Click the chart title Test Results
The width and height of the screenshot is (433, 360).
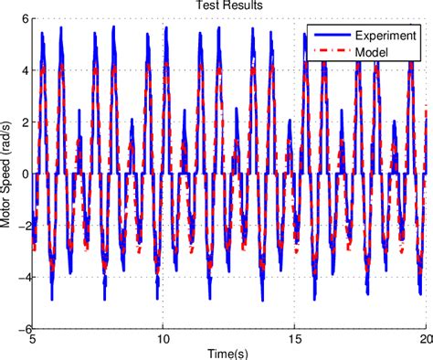pyautogui.click(x=229, y=5)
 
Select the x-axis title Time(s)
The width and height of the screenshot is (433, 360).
pyautogui.click(x=229, y=352)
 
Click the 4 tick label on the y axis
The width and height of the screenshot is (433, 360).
pyautogui.click(x=22, y=69)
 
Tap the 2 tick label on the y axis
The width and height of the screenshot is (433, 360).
pyautogui.click(x=22, y=122)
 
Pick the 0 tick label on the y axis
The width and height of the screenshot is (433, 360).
pyautogui.click(x=22, y=173)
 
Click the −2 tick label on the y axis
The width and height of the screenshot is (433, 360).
pyautogui.click(x=19, y=225)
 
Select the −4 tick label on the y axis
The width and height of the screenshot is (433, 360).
pyautogui.click(x=19, y=277)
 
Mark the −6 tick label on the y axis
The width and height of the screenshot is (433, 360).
pyautogui.click(x=19, y=329)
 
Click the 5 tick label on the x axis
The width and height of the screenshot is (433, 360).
pyautogui.click(x=33, y=339)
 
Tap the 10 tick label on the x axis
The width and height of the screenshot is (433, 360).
pyautogui.click(x=164, y=339)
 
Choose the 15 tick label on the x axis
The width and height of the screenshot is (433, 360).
pyautogui.click(x=294, y=339)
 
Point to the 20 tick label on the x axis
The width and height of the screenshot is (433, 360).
pyautogui.click(x=423, y=339)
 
